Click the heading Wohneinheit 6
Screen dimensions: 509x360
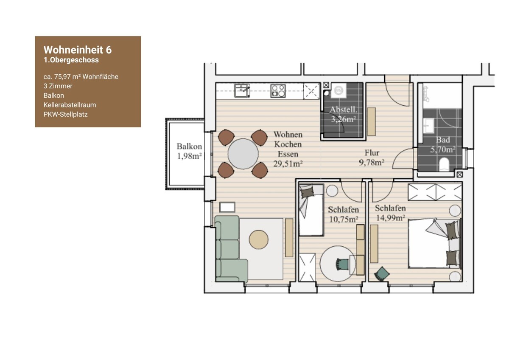coord(78,50)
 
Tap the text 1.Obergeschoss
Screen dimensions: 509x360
coord(71,60)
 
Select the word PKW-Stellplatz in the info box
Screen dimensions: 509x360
coord(65,114)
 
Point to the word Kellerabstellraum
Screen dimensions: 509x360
coord(70,105)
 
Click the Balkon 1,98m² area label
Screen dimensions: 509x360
coord(189,151)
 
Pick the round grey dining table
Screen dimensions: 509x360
coord(243,154)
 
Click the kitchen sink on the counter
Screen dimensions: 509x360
coord(242,91)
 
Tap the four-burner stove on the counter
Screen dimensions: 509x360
coord(278,91)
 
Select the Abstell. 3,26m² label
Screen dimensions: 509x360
coord(343,114)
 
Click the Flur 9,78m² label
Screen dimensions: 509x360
coord(372,157)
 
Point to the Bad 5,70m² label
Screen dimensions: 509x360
coord(443,145)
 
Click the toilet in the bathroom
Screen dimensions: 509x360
coord(444,164)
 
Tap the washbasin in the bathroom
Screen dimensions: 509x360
coord(429,125)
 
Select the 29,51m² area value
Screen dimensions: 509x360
coord(288,164)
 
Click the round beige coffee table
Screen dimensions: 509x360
coord(259,239)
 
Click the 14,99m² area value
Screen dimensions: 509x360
coord(390,218)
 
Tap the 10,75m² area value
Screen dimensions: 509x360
coord(344,219)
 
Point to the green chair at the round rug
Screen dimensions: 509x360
coord(342,264)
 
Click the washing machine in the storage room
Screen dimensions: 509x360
coord(339,90)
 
